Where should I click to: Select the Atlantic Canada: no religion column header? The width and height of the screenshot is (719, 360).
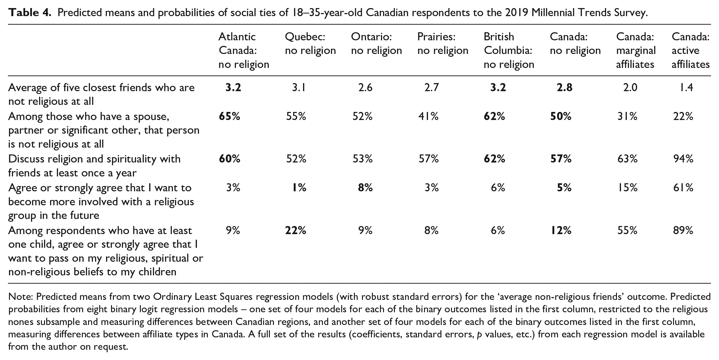(244, 51)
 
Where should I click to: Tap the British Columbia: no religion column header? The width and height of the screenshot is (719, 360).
(509, 51)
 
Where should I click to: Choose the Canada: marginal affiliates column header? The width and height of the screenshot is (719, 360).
(636, 51)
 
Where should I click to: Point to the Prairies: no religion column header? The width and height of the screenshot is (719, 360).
(443, 44)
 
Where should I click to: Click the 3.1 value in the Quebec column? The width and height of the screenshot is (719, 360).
(299, 88)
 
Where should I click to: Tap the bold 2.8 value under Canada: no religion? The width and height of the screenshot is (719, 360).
(564, 88)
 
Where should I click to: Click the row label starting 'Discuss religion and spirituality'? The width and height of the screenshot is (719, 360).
(94, 166)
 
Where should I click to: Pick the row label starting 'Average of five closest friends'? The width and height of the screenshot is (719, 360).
(101, 95)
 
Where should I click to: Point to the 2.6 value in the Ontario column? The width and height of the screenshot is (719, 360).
(365, 88)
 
